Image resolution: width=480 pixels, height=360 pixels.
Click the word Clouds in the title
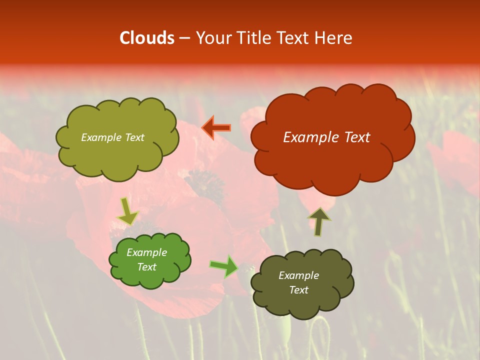(146, 38)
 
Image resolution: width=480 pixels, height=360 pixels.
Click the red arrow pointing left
(216, 128)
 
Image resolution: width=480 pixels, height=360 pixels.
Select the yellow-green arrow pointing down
(127, 212)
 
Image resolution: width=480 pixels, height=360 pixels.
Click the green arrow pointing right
(224, 266)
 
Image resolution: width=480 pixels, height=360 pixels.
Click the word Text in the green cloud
(146, 267)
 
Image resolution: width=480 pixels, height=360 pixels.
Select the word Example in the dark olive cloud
(298, 275)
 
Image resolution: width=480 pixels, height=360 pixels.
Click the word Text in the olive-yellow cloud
(133, 137)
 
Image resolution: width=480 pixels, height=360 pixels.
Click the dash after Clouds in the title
(183, 38)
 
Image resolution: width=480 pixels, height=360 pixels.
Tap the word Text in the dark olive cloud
(298, 290)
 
